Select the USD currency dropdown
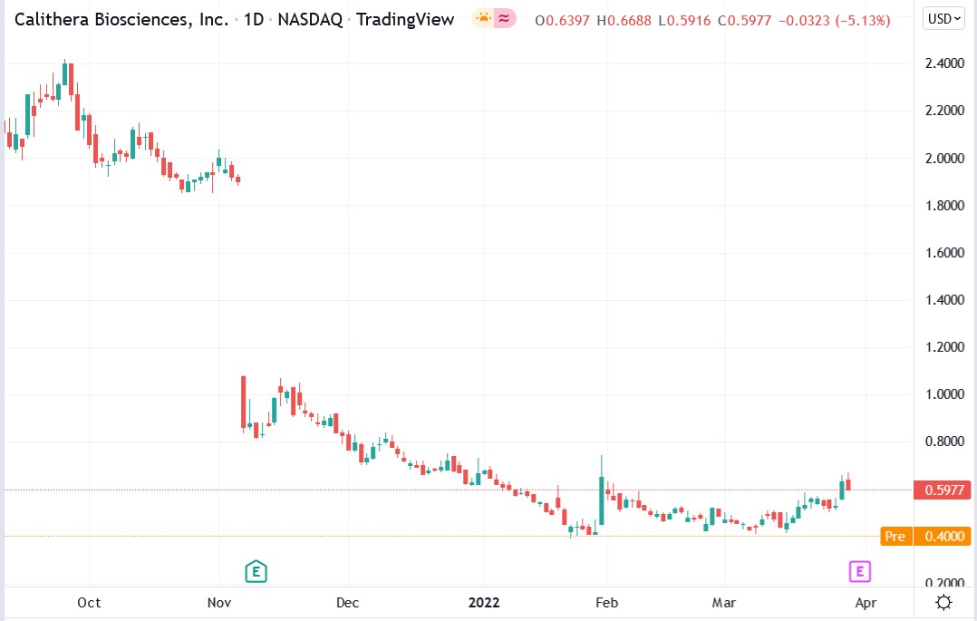(943, 19)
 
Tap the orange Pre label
(895, 537)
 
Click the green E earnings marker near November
(256, 571)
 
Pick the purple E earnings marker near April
(859, 571)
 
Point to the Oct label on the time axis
(89, 603)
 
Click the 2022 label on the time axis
(484, 603)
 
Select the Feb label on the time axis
(606, 603)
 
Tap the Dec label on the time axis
(347, 603)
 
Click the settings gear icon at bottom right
(943, 603)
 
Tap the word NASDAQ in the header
(310, 19)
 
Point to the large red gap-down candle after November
(244, 401)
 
